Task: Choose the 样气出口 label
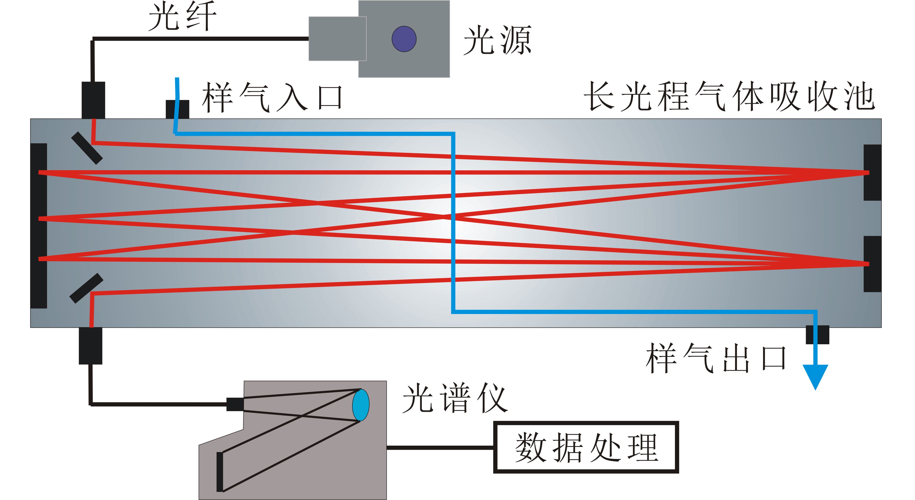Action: (x=716, y=359)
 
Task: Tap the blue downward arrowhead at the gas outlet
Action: (x=816, y=377)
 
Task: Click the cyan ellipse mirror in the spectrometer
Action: (x=361, y=405)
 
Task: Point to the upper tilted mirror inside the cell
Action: (x=87, y=148)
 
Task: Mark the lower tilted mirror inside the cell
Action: (x=86, y=288)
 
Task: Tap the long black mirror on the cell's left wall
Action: (x=39, y=226)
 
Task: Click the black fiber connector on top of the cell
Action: (x=94, y=100)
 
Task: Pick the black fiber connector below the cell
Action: (x=90, y=346)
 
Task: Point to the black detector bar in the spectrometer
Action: (x=220, y=472)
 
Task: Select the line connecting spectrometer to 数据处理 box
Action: (x=440, y=447)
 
